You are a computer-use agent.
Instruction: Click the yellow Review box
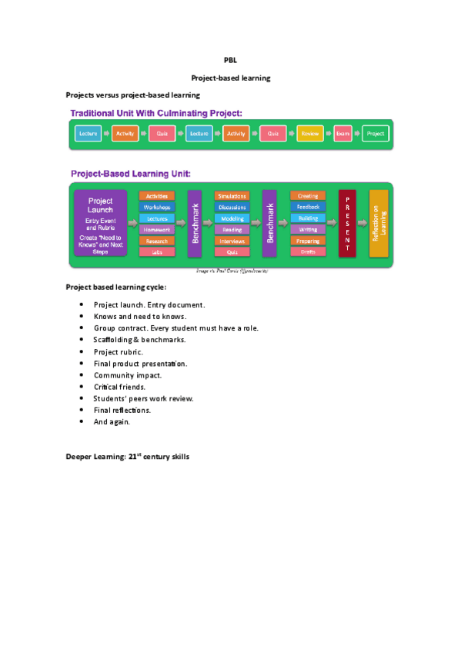tap(309, 134)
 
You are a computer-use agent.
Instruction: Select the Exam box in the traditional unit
tap(342, 134)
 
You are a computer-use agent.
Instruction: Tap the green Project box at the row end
tap(376, 134)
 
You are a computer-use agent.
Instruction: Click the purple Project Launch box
tap(100, 224)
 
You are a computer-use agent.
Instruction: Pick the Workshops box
tap(157, 208)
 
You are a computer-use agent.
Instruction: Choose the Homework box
tap(157, 229)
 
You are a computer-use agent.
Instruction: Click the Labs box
tap(157, 251)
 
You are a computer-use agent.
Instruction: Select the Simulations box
tap(232, 197)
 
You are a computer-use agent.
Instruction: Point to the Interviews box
tap(232, 241)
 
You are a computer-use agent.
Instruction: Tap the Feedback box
tap(308, 208)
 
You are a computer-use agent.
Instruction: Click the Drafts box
tap(308, 251)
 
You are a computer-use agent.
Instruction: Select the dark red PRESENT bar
tap(347, 224)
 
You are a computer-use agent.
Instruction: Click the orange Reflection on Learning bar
tap(379, 224)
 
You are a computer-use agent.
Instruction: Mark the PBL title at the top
tap(230, 59)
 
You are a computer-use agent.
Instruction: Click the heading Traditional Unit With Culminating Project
tap(156, 113)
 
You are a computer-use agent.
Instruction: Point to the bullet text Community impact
tap(128, 375)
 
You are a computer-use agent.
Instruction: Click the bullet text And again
tap(112, 421)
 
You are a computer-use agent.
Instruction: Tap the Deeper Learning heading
tap(127, 457)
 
